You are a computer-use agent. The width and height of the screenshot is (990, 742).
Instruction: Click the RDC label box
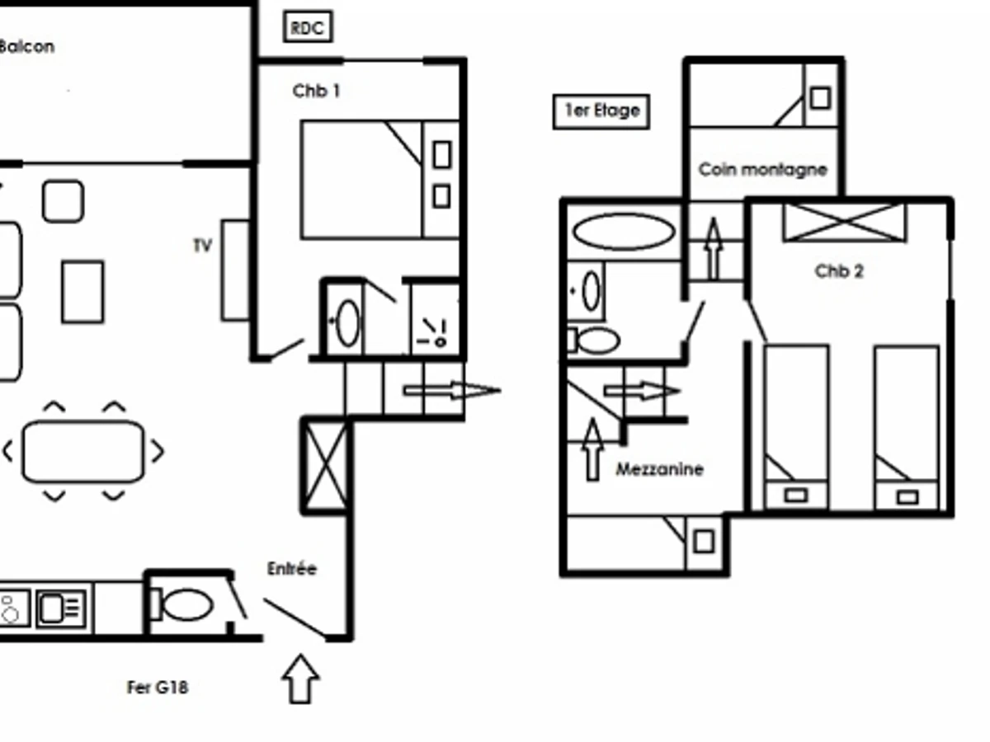(x=309, y=28)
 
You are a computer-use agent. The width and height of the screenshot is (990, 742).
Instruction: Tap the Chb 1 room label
(x=316, y=91)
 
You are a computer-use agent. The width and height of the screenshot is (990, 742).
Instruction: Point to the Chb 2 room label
(x=838, y=271)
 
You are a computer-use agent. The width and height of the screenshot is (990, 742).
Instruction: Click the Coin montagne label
(x=762, y=170)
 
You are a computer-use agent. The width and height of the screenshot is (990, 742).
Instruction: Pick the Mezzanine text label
(x=660, y=469)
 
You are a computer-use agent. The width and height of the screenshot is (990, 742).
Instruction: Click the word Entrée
(x=292, y=569)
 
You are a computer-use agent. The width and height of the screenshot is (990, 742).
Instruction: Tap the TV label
(x=202, y=246)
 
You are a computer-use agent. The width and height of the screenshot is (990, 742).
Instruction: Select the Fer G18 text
(x=158, y=687)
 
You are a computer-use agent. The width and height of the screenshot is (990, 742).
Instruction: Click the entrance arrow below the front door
(x=300, y=679)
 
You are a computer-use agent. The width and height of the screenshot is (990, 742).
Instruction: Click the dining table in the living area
(x=83, y=452)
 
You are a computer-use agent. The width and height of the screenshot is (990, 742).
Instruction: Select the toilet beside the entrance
(x=186, y=605)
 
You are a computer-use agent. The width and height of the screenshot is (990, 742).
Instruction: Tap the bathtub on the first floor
(x=624, y=232)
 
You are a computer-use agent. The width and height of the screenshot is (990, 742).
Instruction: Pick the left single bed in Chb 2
(x=796, y=427)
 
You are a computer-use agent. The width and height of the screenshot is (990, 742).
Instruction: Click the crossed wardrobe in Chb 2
(x=844, y=222)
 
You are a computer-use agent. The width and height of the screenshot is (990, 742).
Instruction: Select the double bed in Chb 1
(x=379, y=180)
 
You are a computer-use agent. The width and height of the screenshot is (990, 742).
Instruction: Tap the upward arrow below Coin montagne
(x=714, y=248)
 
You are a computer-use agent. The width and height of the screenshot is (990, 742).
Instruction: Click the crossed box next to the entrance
(x=326, y=467)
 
